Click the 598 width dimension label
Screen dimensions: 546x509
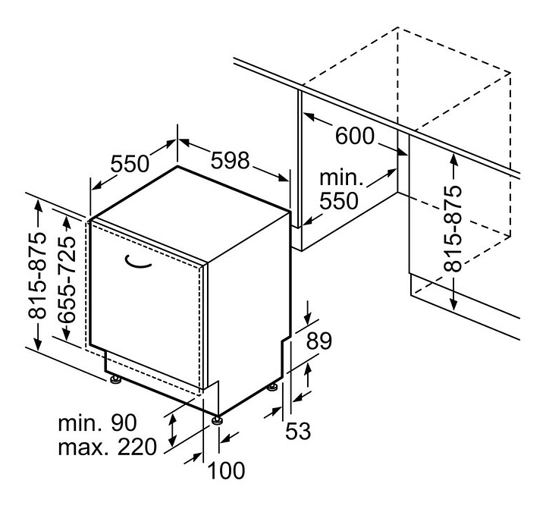[x=231, y=161]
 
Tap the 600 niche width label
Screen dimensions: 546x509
[x=355, y=136]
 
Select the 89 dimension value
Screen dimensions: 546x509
[x=319, y=341]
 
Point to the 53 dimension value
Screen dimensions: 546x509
[x=298, y=431]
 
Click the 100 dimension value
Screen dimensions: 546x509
[x=226, y=470]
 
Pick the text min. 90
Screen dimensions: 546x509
[x=98, y=423]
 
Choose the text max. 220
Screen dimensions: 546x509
[x=108, y=447]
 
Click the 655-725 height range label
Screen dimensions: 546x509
[x=67, y=280]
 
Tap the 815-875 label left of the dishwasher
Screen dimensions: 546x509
[x=37, y=275]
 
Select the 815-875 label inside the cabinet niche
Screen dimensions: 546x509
[x=452, y=229]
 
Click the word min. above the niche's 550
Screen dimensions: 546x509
[x=341, y=178]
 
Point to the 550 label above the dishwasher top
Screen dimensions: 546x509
[x=130, y=164]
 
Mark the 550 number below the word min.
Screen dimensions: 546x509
[x=339, y=201]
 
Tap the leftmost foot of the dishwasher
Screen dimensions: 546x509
[x=115, y=379]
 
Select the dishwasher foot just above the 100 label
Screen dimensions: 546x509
[x=217, y=419]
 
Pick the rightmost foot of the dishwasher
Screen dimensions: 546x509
[x=272, y=387]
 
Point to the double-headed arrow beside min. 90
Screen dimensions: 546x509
[x=172, y=431]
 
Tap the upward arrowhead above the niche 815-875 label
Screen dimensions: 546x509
[x=453, y=160]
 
